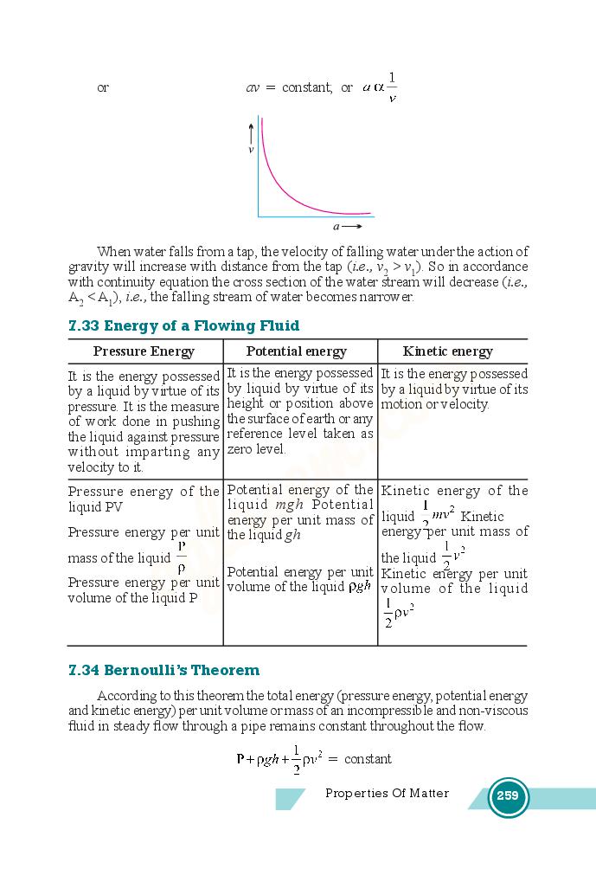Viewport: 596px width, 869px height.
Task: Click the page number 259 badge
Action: tap(508, 796)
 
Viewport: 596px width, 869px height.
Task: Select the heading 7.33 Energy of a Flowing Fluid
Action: tap(183, 325)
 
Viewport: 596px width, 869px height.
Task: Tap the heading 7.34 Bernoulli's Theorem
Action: tap(163, 670)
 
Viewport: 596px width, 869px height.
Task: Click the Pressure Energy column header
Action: tap(144, 351)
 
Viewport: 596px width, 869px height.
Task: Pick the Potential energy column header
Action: tap(296, 351)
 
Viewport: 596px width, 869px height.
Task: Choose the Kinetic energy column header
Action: tap(447, 351)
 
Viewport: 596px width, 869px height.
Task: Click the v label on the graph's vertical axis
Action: tap(251, 150)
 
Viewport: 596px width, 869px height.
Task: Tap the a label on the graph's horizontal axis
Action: tap(336, 227)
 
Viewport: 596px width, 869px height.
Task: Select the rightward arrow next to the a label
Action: tap(352, 227)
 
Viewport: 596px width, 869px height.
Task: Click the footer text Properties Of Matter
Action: tap(387, 794)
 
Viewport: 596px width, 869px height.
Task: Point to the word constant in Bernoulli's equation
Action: tap(368, 759)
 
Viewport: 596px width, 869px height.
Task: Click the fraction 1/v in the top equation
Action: tap(392, 87)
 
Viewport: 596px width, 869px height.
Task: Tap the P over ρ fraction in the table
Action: tap(182, 557)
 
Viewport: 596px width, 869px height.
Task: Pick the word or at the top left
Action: tap(103, 88)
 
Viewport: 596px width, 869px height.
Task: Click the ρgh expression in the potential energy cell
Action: tap(359, 586)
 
